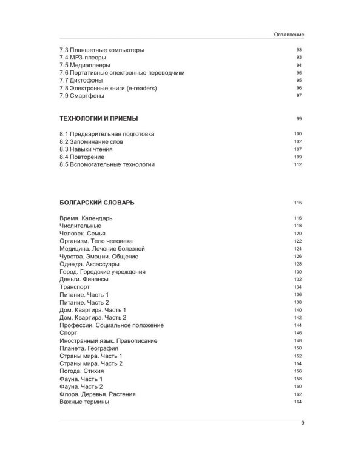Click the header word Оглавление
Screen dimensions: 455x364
(289, 35)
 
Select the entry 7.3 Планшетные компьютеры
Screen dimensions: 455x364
(102, 50)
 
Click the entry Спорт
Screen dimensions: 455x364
(69, 332)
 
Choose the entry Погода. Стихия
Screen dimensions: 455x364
(82, 371)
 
